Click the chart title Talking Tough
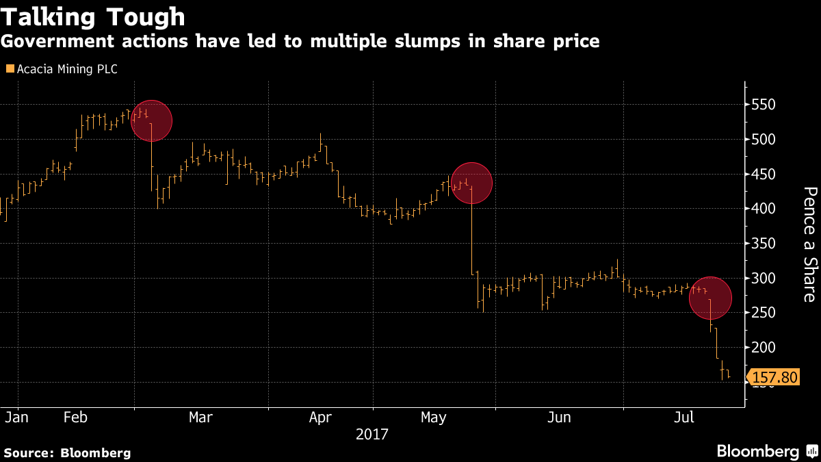coord(93,16)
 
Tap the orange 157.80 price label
coord(775,377)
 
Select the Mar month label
coord(200,417)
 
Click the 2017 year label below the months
coord(372,434)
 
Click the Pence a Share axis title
coord(809,244)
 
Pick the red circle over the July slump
coord(710,298)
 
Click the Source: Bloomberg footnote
coord(67,452)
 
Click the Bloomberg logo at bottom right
coord(766,451)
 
